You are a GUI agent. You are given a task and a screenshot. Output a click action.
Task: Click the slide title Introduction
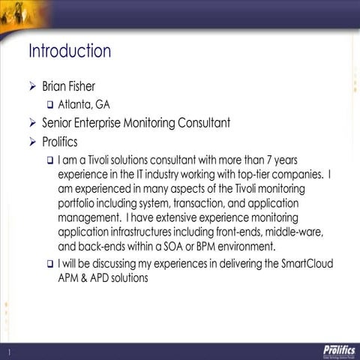click(x=70, y=52)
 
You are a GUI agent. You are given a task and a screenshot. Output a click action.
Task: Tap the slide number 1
click(x=9, y=352)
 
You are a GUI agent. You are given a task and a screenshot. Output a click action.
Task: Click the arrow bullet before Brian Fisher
click(x=32, y=87)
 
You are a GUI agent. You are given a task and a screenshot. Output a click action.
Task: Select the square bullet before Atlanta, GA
click(x=49, y=105)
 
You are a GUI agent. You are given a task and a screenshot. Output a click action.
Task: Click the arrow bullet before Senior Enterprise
click(x=32, y=122)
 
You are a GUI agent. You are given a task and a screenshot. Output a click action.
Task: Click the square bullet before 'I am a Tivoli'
click(x=49, y=160)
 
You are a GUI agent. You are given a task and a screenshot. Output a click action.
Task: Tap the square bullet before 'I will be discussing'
click(x=49, y=264)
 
